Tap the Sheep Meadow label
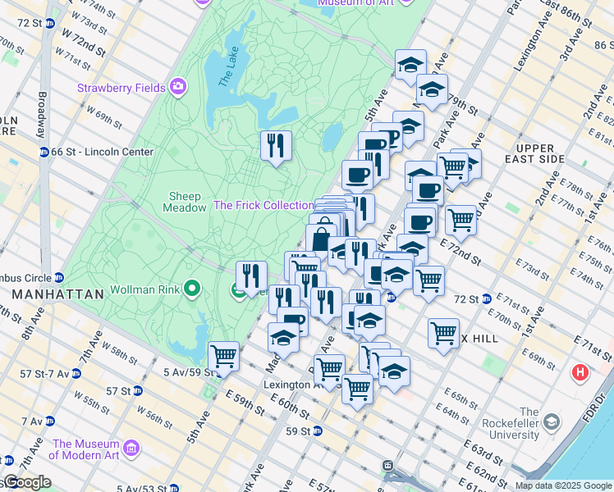pyautogui.click(x=188, y=202)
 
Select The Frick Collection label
pyautogui.click(x=263, y=205)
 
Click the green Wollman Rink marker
pyautogui.click(x=192, y=288)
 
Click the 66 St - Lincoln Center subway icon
pyautogui.click(x=44, y=152)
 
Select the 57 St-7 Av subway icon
pyautogui.click(x=76, y=373)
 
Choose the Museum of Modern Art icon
pyautogui.click(x=131, y=449)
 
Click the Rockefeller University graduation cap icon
pyautogui.click(x=552, y=423)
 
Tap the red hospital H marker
pyautogui.click(x=581, y=374)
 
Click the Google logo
pyautogui.click(x=26, y=482)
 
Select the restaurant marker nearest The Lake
pyautogui.click(x=276, y=146)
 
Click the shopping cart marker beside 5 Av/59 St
pyautogui.click(x=223, y=356)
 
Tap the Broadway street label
pyautogui.click(x=41, y=113)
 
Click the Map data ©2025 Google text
pyautogui.click(x=563, y=485)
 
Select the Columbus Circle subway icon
pyautogui.click(x=58, y=276)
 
